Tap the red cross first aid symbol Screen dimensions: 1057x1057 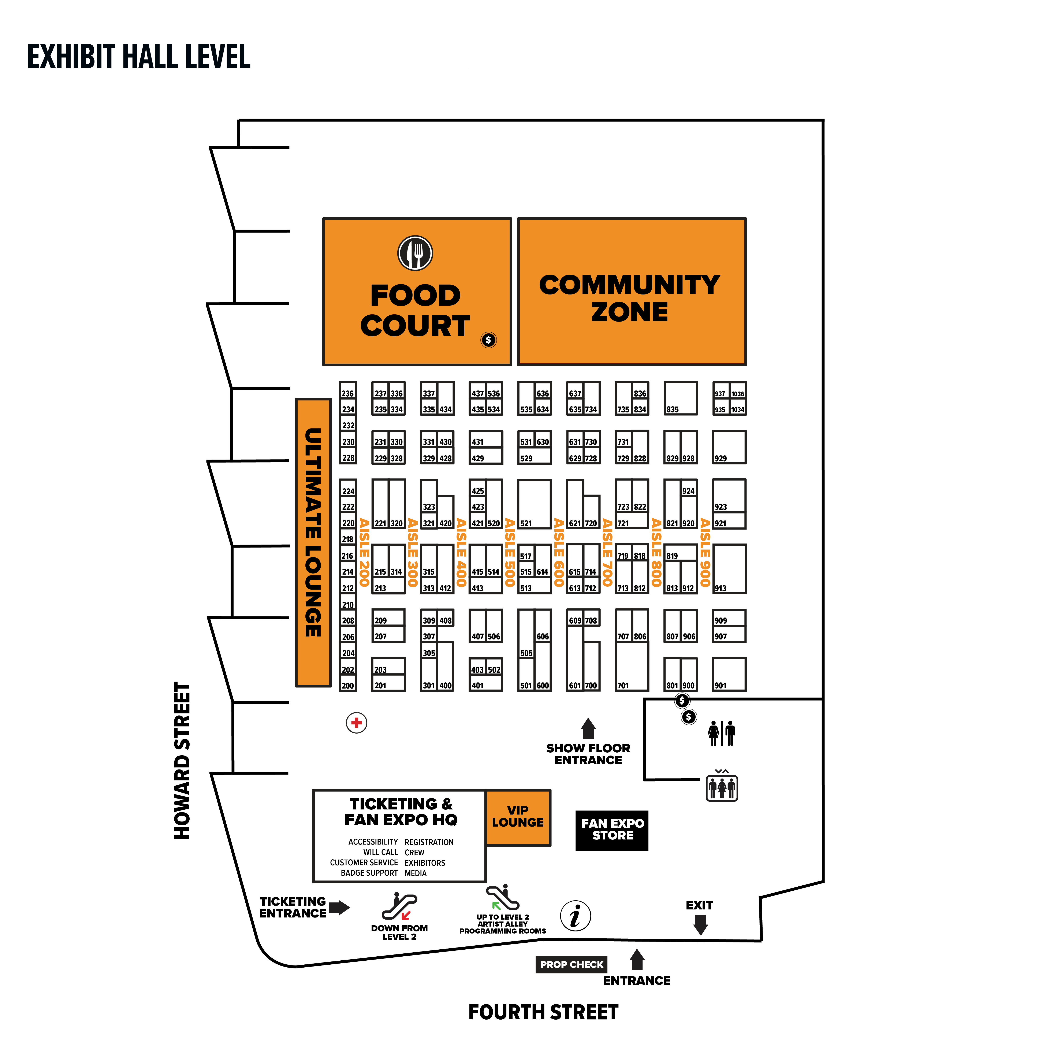[357, 723]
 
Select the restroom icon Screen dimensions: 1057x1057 [722, 733]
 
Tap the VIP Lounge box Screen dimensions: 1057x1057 [518, 817]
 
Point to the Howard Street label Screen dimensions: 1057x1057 [182, 760]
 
